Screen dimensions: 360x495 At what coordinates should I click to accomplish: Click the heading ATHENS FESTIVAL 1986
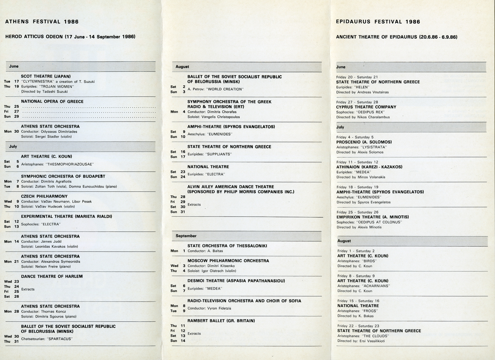tap(42, 21)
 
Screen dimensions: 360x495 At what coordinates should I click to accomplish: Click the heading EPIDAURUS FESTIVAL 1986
tap(378, 21)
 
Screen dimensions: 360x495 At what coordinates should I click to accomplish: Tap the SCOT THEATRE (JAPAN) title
tap(46, 76)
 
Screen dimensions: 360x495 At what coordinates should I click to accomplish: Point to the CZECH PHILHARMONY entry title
tap(44, 196)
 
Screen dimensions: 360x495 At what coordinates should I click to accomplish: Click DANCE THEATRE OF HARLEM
tap(52, 276)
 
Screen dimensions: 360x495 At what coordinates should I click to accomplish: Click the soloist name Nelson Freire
tap(47, 266)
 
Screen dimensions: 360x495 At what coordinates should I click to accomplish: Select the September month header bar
tap(246, 236)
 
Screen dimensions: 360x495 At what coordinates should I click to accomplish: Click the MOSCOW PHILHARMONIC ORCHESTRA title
tap(228, 261)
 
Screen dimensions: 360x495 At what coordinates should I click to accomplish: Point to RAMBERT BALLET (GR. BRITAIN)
tap(221, 320)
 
